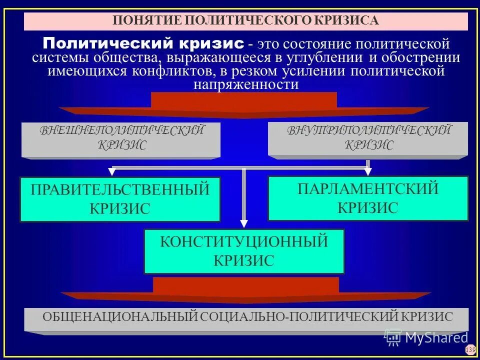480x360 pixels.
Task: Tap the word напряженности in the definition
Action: (x=245, y=84)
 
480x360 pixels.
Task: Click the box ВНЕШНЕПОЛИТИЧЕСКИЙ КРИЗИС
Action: (x=121, y=138)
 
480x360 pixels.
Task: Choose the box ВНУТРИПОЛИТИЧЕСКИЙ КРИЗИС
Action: (x=368, y=138)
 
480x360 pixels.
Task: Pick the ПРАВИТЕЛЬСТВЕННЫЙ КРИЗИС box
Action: (x=120, y=199)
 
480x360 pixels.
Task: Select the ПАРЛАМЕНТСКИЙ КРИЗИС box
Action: (x=368, y=198)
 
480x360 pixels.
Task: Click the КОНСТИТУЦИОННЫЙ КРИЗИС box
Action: (x=244, y=251)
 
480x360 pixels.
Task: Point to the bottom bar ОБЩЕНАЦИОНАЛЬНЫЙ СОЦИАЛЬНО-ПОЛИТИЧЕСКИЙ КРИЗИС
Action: (x=247, y=317)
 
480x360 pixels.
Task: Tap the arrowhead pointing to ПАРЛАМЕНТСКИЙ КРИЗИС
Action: (x=368, y=172)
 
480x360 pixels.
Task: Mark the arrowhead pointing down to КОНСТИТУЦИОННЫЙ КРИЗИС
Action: (x=244, y=224)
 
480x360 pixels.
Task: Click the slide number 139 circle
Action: (x=470, y=349)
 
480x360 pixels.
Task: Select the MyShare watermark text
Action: (x=436, y=337)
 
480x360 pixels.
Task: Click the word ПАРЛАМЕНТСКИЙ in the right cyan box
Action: (x=368, y=189)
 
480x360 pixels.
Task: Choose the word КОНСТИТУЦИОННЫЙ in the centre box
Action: (x=244, y=242)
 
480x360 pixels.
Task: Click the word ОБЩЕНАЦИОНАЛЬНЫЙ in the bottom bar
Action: (x=120, y=317)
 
